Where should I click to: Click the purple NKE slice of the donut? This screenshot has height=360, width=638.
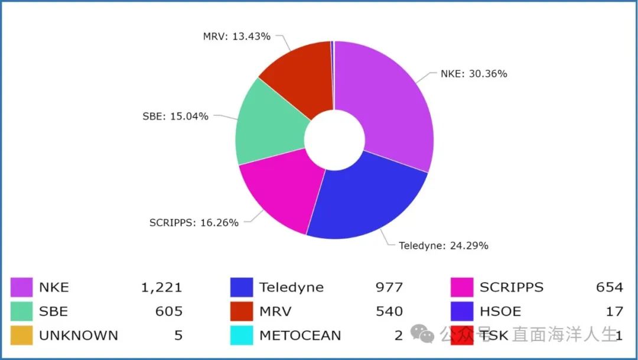pyautogui.click(x=390, y=106)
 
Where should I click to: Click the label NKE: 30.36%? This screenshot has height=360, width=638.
pyautogui.click(x=474, y=74)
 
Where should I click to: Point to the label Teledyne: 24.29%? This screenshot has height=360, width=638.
pyautogui.click(x=443, y=245)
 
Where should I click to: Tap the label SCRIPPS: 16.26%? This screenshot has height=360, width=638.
pyautogui.click(x=194, y=223)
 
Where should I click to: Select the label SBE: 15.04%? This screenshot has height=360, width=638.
pyautogui.click(x=175, y=116)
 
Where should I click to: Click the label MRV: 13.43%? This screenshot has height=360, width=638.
pyautogui.click(x=236, y=37)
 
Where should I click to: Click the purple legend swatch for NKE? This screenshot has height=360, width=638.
pyautogui.click(x=21, y=287)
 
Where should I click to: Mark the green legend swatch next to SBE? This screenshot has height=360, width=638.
pyautogui.click(x=21, y=311)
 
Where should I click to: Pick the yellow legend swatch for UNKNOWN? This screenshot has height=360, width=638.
pyautogui.click(x=21, y=335)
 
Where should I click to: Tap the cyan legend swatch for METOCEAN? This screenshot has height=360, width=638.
pyautogui.click(x=242, y=335)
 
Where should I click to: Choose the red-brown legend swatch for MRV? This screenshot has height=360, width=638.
pyautogui.click(x=242, y=311)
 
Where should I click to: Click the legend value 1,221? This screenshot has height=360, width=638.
pyautogui.click(x=161, y=288)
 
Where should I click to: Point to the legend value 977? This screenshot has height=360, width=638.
pyautogui.click(x=389, y=288)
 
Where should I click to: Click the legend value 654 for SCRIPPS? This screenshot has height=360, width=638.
pyautogui.click(x=609, y=288)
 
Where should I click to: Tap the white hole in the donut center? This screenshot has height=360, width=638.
pyautogui.click(x=334, y=140)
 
